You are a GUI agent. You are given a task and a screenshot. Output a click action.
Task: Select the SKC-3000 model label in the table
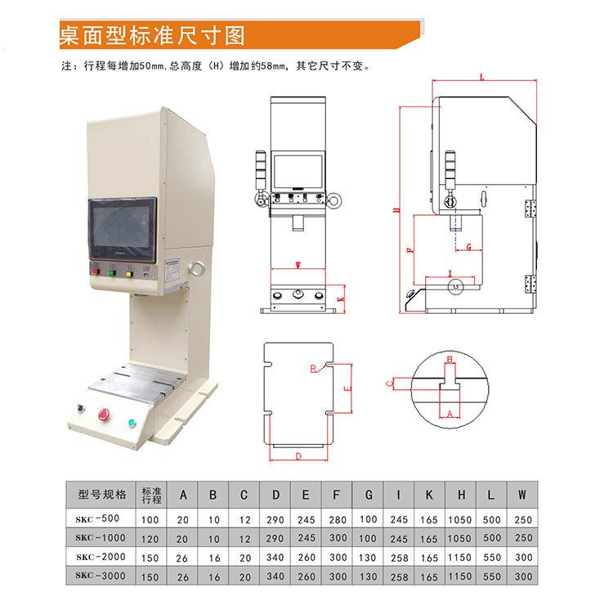(x=100, y=577)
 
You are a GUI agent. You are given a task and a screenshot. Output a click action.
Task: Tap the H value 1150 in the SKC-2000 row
(x=462, y=558)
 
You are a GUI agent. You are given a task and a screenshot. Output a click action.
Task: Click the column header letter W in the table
(x=522, y=496)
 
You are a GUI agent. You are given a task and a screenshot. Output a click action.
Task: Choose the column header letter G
(x=369, y=496)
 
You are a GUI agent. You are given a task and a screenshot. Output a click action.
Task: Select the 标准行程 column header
(x=151, y=495)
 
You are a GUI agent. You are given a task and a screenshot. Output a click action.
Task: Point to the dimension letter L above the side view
(x=482, y=77)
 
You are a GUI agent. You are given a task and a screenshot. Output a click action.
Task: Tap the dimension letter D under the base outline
(x=299, y=455)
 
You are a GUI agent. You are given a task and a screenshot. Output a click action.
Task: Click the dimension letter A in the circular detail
(x=449, y=415)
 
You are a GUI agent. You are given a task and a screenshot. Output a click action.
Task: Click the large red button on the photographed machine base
(x=105, y=414)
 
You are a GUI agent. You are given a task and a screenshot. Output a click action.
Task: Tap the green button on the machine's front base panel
(x=131, y=424)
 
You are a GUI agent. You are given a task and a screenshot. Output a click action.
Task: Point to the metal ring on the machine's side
(x=196, y=268)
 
